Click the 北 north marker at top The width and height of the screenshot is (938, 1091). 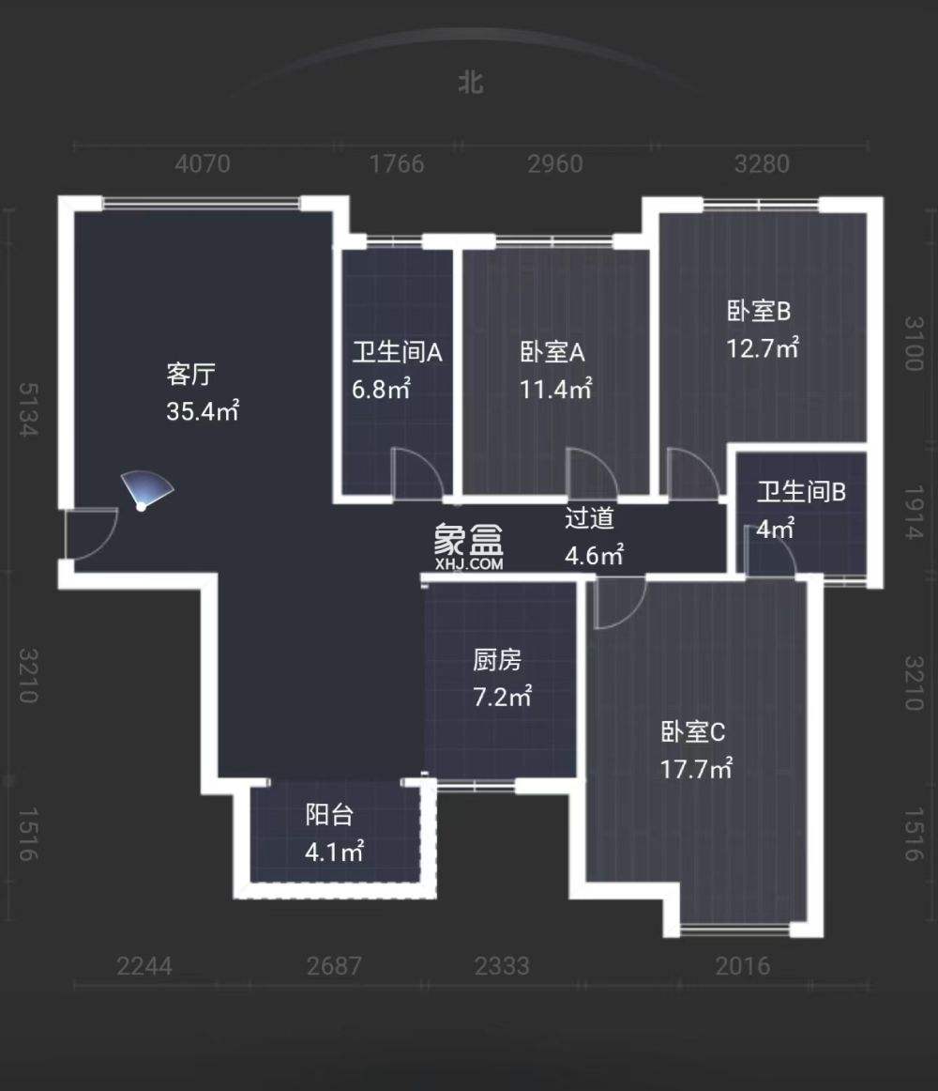tap(471, 83)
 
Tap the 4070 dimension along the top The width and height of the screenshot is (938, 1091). tap(203, 164)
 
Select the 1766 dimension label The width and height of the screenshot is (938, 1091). tap(397, 164)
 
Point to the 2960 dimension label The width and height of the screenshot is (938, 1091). tap(554, 164)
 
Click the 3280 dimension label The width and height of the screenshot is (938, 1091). tap(761, 164)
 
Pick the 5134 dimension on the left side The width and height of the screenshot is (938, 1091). tap(27, 409)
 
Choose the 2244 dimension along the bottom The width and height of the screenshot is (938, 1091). tap(144, 966)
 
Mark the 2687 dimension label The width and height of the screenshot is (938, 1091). tap(333, 966)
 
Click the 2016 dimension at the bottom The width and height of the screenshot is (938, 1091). tap(742, 966)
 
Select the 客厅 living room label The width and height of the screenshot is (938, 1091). tap(190, 375)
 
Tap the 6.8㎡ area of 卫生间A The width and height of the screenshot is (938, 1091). tap(381, 389)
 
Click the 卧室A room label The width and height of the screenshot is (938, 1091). tap(552, 353)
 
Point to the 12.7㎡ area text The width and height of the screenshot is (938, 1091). tap(762, 348)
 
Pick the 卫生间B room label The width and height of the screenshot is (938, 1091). tap(802, 491)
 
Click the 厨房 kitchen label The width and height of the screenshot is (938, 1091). tap(496, 661)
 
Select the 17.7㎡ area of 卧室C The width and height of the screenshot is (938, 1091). tap(696, 770)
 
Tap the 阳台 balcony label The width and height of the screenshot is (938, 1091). tap(329, 815)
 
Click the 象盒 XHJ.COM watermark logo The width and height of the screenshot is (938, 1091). tap(469, 545)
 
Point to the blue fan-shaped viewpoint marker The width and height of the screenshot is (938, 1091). tap(146, 490)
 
